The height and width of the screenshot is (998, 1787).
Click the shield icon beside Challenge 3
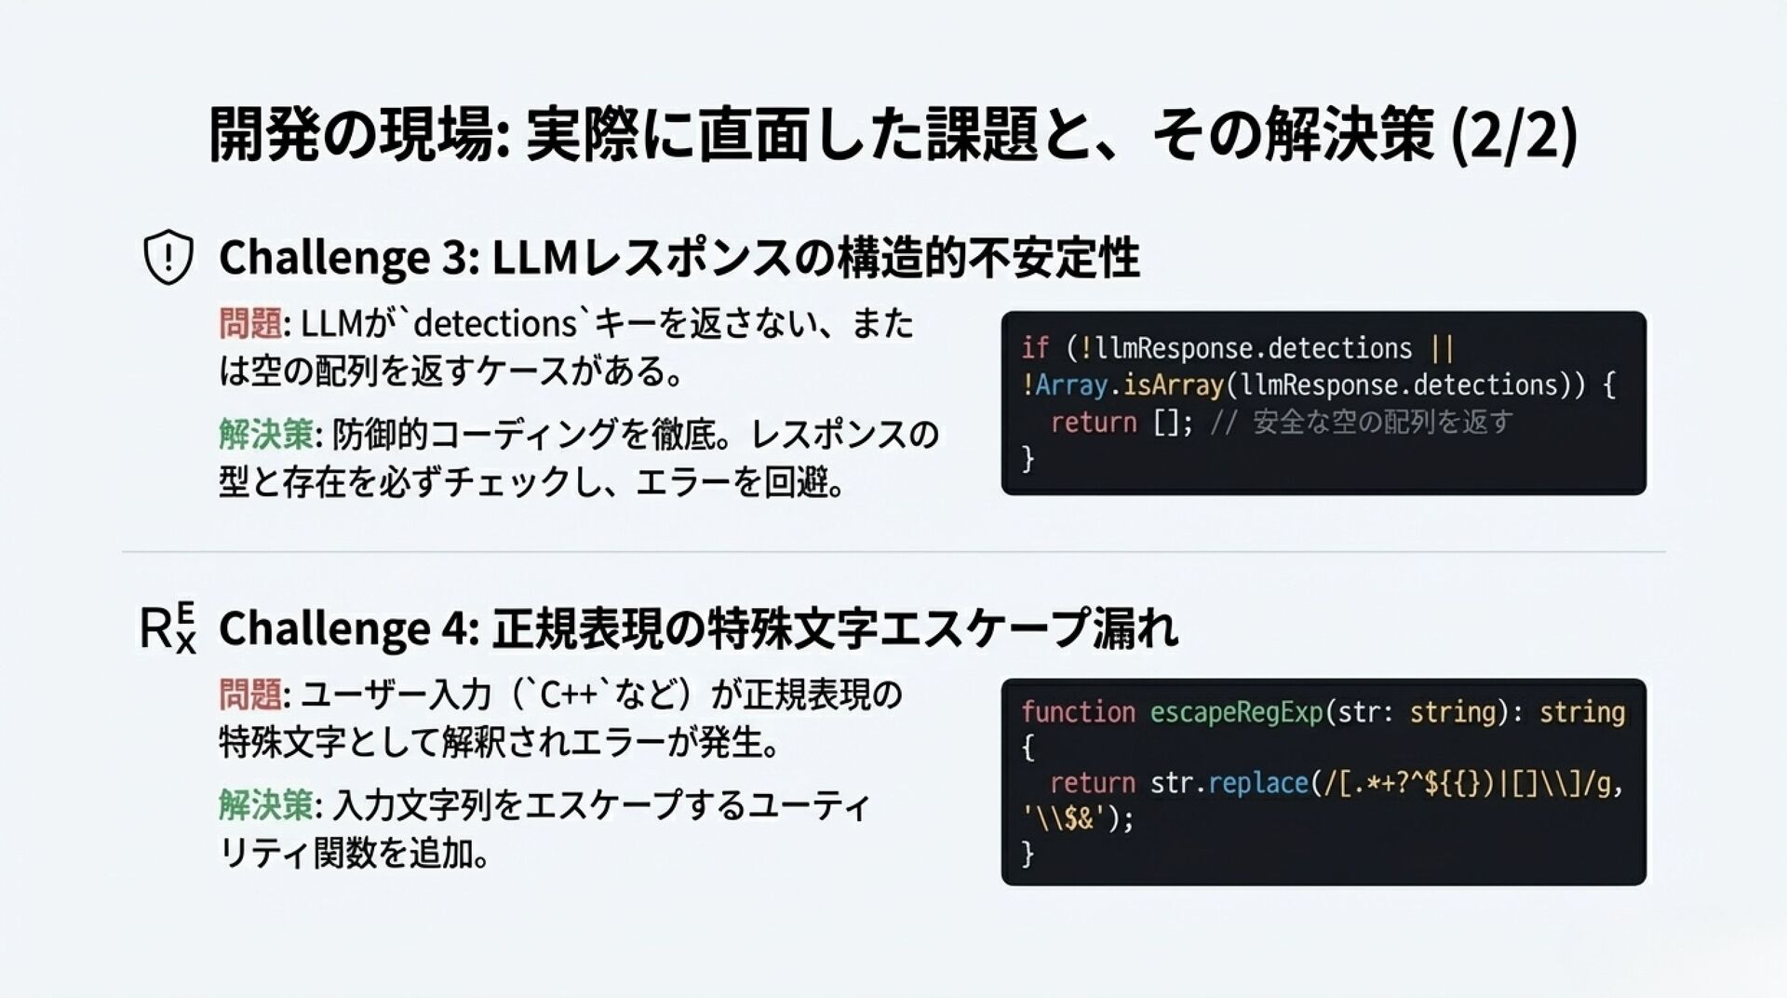tap(168, 257)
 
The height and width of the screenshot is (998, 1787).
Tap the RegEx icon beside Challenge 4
tap(168, 627)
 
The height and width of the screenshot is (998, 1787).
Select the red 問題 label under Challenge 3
tap(250, 324)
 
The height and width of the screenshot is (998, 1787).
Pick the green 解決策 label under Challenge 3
tap(266, 434)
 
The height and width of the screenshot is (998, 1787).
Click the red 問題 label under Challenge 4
tap(250, 695)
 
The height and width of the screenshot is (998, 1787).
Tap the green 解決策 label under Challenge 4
tap(266, 804)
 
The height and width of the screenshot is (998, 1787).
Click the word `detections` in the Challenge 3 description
tap(495, 324)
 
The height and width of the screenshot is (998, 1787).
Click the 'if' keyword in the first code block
tap(1034, 348)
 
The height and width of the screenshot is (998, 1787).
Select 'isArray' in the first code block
tap(1173, 385)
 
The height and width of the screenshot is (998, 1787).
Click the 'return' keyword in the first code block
tap(1094, 423)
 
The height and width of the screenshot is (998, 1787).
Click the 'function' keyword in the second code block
tap(1078, 712)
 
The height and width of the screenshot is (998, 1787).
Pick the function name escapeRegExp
tap(1237, 712)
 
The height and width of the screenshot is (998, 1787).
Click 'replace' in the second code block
tap(1258, 783)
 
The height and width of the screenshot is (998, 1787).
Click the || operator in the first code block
tap(1443, 348)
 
